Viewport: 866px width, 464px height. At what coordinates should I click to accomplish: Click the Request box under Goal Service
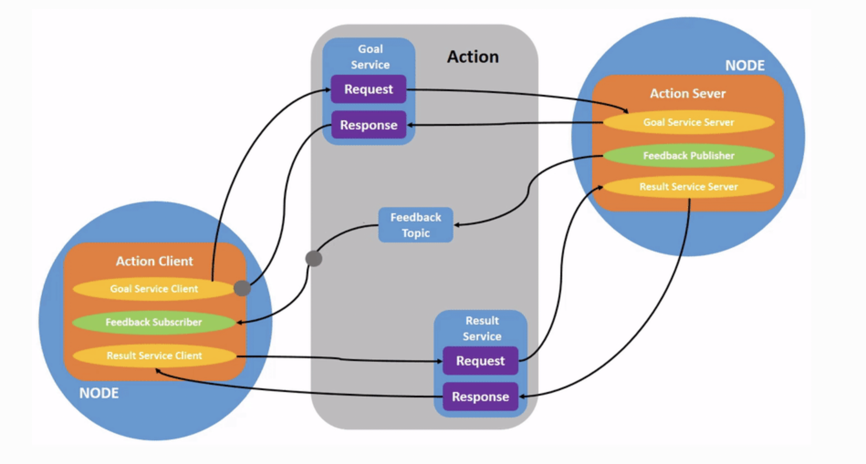tap(368, 89)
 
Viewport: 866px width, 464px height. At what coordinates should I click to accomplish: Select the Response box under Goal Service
tap(368, 125)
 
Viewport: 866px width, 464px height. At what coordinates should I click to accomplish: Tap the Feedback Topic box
tap(416, 225)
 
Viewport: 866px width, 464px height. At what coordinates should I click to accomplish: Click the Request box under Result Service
tap(480, 361)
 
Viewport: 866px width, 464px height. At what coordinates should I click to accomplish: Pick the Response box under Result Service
tap(480, 397)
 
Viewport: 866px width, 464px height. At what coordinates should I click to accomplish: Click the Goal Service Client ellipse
tap(154, 289)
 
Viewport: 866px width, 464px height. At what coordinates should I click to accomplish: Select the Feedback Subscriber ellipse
tap(154, 322)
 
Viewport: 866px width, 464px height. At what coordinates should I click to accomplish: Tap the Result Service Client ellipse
tap(154, 356)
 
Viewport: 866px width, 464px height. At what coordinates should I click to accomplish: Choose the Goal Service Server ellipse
tap(689, 122)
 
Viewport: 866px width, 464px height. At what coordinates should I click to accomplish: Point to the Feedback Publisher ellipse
tap(689, 155)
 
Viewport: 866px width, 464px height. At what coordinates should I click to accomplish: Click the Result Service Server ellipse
tap(689, 187)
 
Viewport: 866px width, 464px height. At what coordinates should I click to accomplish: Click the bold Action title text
tap(473, 57)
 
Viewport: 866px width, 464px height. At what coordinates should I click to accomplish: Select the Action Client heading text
tap(154, 261)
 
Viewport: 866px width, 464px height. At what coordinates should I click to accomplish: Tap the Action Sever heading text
tap(688, 93)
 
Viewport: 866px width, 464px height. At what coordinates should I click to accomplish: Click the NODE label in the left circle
tap(99, 393)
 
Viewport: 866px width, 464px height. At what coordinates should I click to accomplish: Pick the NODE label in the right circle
tap(745, 66)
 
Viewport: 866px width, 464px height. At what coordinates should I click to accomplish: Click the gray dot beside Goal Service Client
tap(242, 288)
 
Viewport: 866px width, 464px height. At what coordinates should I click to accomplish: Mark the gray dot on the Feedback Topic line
tap(314, 258)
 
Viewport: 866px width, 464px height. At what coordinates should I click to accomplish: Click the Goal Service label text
tap(370, 57)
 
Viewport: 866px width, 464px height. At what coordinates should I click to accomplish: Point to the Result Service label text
tap(482, 328)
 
